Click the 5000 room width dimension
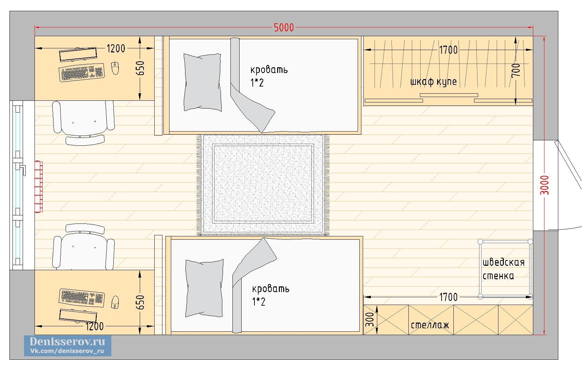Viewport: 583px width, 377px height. [284, 28]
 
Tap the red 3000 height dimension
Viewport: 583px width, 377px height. [545, 185]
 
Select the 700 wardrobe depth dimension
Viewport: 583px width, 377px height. [516, 70]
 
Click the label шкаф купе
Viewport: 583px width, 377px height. [433, 82]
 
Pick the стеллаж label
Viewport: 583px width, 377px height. [430, 325]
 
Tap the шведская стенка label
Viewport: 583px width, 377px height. [503, 269]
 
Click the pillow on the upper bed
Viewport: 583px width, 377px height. [202, 82]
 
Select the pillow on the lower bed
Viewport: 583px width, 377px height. [204, 288]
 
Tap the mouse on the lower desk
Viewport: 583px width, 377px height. [115, 302]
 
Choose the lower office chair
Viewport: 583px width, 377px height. [83, 247]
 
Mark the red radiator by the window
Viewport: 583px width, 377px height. [39, 187]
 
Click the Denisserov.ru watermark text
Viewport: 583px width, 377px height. [67, 341]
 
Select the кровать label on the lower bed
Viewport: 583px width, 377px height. [271, 289]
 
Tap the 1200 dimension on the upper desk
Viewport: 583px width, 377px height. [116, 49]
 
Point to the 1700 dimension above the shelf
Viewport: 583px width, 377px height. [448, 297]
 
